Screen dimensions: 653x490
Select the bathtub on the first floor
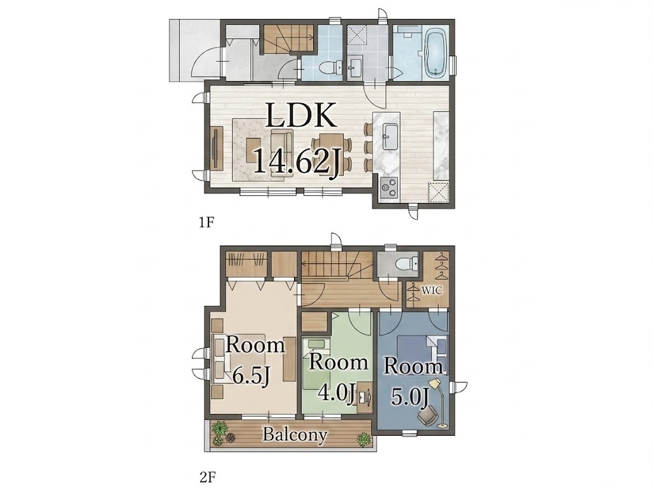(436, 53)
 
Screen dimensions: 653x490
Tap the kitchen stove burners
(389, 187)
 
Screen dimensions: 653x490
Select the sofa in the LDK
(282, 153)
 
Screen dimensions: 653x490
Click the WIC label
(432, 290)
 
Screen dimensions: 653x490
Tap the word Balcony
(295, 434)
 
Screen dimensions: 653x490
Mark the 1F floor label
(206, 223)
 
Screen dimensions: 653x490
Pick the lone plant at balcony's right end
(363, 439)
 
